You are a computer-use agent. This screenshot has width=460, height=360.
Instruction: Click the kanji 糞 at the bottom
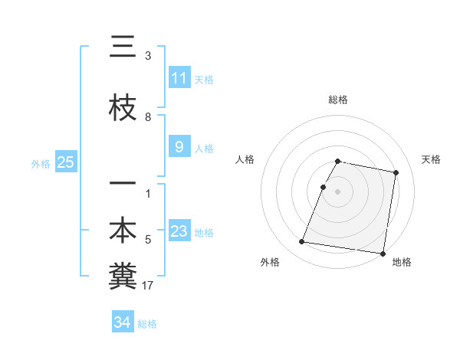[x=123, y=277]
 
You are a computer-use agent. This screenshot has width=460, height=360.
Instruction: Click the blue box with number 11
[x=179, y=78]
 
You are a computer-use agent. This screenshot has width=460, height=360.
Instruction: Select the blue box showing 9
[x=179, y=147]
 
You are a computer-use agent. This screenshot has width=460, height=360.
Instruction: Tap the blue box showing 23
[x=179, y=231]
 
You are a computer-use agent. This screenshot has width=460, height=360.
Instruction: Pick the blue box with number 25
[x=65, y=162]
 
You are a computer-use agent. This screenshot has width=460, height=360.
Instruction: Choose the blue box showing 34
[x=122, y=322]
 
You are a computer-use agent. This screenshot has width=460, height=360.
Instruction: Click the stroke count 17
[x=148, y=286]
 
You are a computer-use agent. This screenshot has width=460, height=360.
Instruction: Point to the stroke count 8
[x=148, y=116]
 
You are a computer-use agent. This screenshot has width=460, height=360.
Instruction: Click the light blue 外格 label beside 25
[x=41, y=163]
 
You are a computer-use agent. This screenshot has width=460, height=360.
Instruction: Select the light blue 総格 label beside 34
[x=147, y=324]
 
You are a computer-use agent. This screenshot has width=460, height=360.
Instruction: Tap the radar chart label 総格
[x=338, y=100]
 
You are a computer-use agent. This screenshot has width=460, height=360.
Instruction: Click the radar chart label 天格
[x=431, y=159]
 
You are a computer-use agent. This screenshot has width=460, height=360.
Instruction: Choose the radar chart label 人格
[x=245, y=159]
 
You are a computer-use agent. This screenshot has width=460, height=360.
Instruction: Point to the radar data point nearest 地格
[x=383, y=254]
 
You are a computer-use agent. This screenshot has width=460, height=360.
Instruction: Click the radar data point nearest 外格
[x=302, y=242]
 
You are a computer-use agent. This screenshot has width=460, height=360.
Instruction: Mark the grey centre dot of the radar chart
[x=338, y=191]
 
